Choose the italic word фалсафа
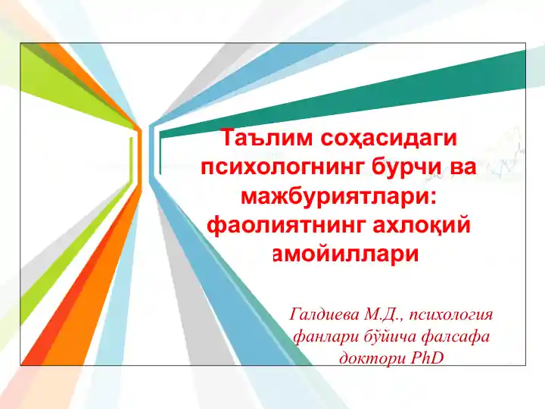452,335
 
